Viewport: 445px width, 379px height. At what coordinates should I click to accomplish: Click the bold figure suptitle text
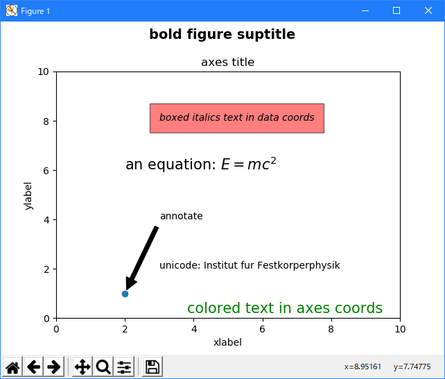222,35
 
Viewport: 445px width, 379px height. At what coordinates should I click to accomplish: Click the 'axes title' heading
227,62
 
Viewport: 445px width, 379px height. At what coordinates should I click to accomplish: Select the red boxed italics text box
237,118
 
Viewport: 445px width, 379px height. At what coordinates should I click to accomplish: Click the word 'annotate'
181,216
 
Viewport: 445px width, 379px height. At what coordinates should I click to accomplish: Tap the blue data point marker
125,294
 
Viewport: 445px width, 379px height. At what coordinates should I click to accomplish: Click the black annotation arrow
142,255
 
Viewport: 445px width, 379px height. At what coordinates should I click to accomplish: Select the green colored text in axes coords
284,308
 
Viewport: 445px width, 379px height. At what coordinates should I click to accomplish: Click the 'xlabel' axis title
227,342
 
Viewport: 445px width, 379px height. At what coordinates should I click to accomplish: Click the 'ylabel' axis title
28,195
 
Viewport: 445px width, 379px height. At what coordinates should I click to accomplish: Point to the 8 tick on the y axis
43,121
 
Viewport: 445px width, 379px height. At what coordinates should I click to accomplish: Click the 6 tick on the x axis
262,328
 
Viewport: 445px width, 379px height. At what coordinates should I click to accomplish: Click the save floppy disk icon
152,367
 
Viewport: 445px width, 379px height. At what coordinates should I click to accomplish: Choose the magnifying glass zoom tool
103,367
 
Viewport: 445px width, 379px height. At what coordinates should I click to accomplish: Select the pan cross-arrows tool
82,367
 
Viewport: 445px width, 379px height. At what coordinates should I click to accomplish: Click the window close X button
428,10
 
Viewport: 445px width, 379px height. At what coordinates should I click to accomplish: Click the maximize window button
396,10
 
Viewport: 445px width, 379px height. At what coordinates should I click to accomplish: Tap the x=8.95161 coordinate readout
363,367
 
